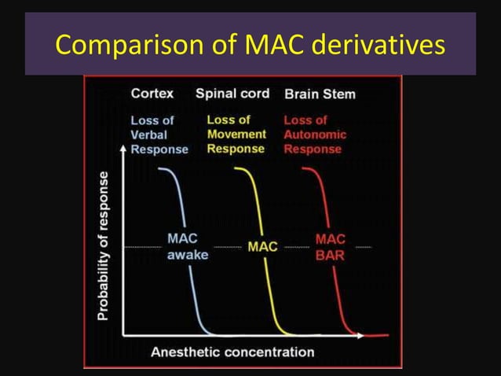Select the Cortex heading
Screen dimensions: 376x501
coord(152,94)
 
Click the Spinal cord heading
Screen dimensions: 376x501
coord(232,94)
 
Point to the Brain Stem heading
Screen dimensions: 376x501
coord(320,94)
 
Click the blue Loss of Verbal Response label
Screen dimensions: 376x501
coord(159,135)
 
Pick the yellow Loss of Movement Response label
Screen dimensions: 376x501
coord(236,135)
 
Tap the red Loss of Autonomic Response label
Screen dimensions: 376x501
coord(314,135)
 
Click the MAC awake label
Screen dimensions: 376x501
coord(187,245)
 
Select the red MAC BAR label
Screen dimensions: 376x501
coord(331,246)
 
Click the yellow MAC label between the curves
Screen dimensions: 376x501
coord(262,246)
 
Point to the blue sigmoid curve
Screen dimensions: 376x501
coord(185,220)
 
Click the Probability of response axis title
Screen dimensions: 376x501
coord(104,246)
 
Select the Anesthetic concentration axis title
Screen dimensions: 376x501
coord(232,352)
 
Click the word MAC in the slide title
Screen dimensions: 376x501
coord(264,47)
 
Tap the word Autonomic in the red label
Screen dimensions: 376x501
coord(315,135)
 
